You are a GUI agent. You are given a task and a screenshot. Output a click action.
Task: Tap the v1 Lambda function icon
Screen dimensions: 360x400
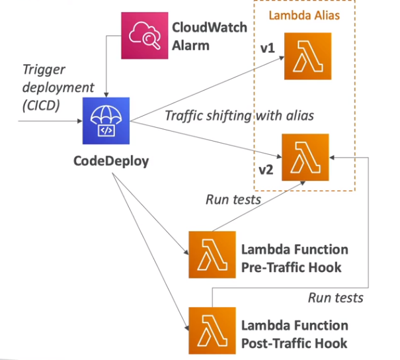click(307, 56)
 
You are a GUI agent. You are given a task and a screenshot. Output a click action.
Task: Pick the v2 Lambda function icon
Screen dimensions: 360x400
click(305, 157)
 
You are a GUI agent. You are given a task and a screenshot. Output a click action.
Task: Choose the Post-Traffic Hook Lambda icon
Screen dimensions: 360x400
click(211, 330)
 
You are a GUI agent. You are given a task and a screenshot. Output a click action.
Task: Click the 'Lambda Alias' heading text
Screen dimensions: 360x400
click(300, 15)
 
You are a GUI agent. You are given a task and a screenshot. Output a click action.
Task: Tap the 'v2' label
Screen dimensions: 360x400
click(266, 169)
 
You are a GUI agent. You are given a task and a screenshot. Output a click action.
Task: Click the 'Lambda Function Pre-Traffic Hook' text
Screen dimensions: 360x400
click(294, 257)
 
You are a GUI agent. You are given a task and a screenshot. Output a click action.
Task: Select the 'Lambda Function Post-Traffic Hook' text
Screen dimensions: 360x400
click(294, 334)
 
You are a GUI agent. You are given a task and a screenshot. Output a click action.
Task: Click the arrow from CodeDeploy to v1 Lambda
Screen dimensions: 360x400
click(205, 89)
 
